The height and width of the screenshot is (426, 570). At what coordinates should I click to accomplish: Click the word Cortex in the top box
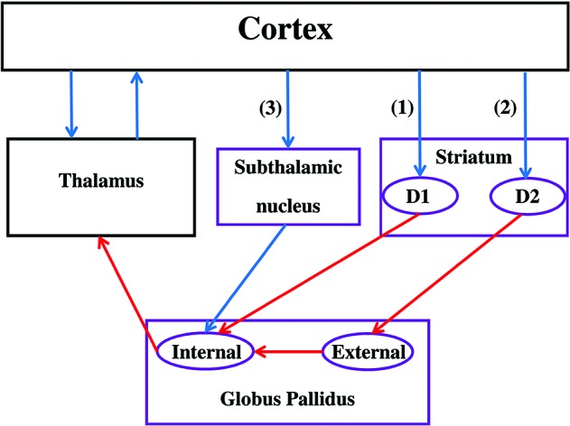pos(285,31)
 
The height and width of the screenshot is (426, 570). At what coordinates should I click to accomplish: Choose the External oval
pos(368,352)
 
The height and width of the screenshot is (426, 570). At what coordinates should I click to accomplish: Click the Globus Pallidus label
pos(287,394)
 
